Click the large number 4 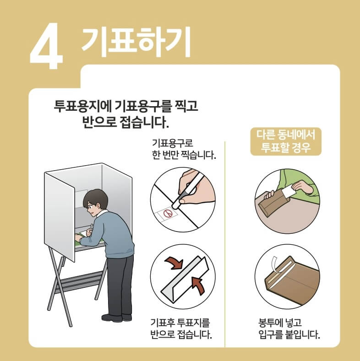(x=46, y=46)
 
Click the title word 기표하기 (x=136, y=42)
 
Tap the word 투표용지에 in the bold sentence (x=83, y=106)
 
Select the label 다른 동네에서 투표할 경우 (x=286, y=141)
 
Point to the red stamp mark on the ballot (x=168, y=213)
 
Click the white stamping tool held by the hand (x=187, y=191)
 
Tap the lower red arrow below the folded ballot (x=198, y=285)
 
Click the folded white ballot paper (x=185, y=279)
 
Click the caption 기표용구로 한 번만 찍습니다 (x=184, y=149)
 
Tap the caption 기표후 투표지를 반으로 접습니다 (x=181, y=329)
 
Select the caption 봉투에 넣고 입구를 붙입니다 (x=289, y=329)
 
